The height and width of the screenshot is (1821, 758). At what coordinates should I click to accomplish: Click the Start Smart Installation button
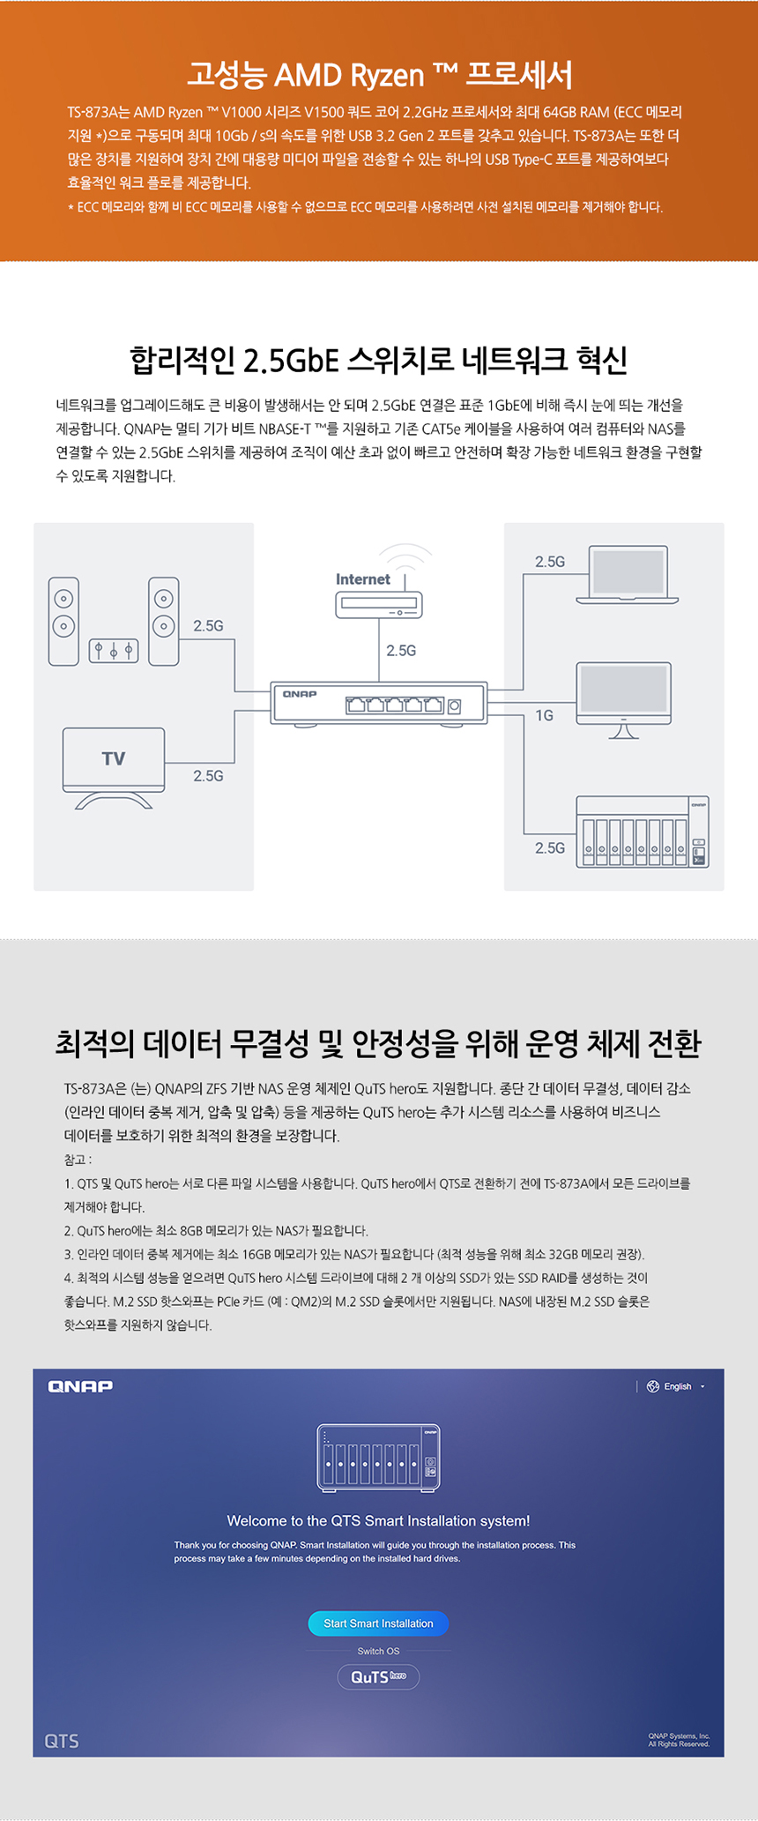(378, 1623)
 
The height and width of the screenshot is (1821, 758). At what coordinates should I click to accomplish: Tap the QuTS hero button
(378, 1676)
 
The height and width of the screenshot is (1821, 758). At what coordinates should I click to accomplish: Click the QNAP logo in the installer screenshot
(80, 1386)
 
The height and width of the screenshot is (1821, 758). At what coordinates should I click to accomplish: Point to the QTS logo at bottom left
(62, 1741)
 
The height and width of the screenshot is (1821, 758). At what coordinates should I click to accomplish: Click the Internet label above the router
(362, 579)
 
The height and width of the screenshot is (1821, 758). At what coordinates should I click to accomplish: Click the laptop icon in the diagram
(628, 576)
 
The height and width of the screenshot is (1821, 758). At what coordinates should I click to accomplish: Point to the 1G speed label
(545, 715)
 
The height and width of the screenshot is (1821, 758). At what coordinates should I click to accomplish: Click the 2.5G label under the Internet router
(401, 651)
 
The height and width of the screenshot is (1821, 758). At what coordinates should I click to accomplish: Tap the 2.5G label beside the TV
(208, 776)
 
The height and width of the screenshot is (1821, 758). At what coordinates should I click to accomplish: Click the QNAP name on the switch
(300, 694)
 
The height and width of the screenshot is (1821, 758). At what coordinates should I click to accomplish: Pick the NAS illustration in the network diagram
(642, 832)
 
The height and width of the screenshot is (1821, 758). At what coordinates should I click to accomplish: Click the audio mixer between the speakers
(114, 650)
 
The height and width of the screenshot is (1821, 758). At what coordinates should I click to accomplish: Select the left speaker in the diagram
(63, 621)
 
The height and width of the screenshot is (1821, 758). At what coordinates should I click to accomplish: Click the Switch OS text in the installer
(378, 1651)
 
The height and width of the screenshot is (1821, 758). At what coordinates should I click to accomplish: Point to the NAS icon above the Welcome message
(378, 1458)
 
